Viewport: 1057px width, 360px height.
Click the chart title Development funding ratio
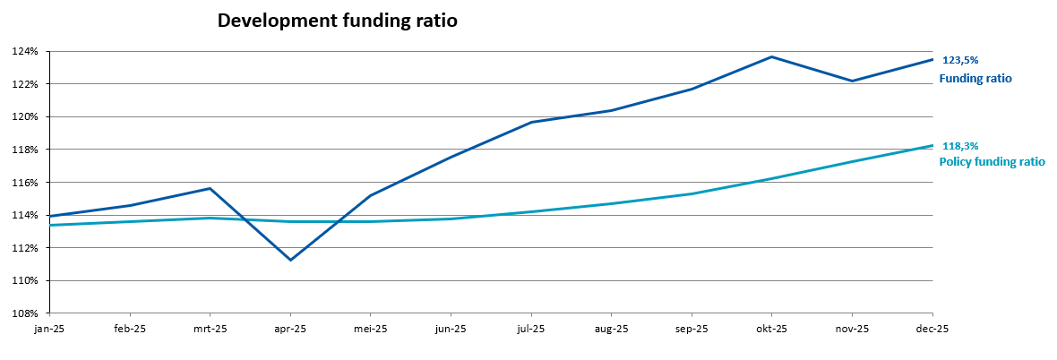click(x=338, y=21)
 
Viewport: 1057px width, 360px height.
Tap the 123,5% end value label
click(x=960, y=60)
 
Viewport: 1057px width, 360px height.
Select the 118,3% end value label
click(x=960, y=146)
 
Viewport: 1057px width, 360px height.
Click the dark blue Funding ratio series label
click(x=975, y=79)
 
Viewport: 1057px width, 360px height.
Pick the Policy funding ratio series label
click(x=992, y=162)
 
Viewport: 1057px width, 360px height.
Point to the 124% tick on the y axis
click(x=26, y=51)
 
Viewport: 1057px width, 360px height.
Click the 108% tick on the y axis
click(x=26, y=313)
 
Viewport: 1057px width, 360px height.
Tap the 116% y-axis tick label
click(x=26, y=183)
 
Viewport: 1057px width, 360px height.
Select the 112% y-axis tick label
click(x=26, y=248)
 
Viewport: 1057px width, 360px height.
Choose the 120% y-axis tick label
click(x=26, y=117)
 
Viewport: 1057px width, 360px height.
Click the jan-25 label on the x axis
click(x=50, y=330)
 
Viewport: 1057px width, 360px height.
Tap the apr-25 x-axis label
click(x=290, y=330)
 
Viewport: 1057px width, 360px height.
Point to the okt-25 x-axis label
click(x=772, y=330)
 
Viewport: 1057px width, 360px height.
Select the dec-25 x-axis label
click(x=932, y=330)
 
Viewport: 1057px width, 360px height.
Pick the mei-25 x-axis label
click(x=371, y=330)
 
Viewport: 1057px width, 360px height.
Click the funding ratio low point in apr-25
click(x=290, y=260)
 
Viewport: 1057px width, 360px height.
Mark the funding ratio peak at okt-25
click(x=772, y=57)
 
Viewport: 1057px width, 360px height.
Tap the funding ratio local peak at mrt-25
click(x=210, y=188)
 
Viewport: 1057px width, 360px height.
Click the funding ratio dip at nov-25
click(x=852, y=81)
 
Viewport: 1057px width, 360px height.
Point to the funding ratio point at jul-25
click(x=531, y=122)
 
